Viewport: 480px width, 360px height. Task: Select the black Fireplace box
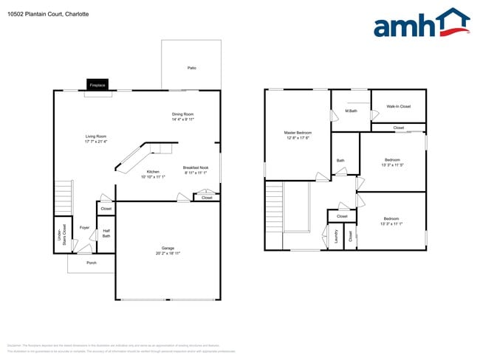click(97, 85)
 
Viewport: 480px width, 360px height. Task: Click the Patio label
click(191, 68)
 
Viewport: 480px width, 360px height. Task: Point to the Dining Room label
click(182, 114)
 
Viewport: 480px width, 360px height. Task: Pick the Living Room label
click(96, 136)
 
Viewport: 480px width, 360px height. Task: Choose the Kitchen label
click(153, 172)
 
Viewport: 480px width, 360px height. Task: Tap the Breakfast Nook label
click(196, 167)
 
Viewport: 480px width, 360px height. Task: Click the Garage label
click(168, 247)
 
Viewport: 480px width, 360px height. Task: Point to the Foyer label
click(85, 227)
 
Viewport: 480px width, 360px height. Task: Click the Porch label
click(92, 263)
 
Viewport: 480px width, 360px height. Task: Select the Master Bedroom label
click(297, 133)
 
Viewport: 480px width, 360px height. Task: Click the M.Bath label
click(351, 111)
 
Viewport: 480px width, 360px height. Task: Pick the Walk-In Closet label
click(399, 106)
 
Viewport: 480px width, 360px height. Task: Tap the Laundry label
click(336, 236)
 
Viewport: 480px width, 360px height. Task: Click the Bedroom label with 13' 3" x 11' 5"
click(391, 159)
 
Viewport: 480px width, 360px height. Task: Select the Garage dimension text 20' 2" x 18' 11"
click(168, 253)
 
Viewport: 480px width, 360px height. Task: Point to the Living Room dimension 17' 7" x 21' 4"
click(96, 142)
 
